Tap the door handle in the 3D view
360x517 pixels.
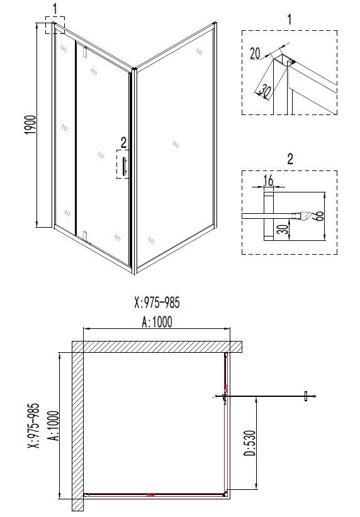[x=125, y=167]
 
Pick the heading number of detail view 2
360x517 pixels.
[x=290, y=158]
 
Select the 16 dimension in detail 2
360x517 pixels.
[x=268, y=181]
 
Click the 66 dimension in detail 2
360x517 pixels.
[x=319, y=216]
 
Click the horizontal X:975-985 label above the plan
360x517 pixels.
[x=157, y=304]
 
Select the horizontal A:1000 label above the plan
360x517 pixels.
[x=157, y=321]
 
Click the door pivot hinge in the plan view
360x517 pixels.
[x=225, y=397]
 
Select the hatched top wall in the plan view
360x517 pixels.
[x=157, y=347]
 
